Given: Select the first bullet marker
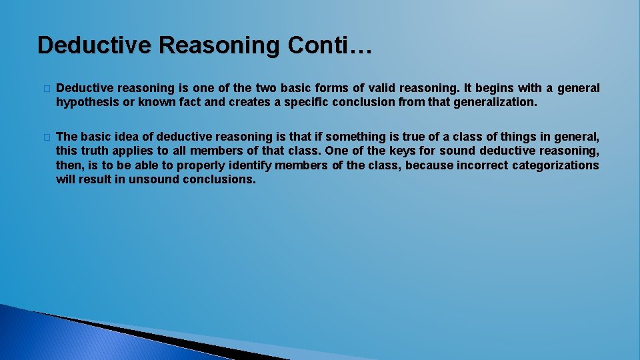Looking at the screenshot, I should [x=45, y=89].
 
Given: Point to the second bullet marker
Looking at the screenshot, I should [x=45, y=137].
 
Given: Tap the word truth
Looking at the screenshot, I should [x=97, y=151].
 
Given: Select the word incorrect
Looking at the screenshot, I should [x=481, y=165].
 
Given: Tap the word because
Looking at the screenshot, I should [x=429, y=165].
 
